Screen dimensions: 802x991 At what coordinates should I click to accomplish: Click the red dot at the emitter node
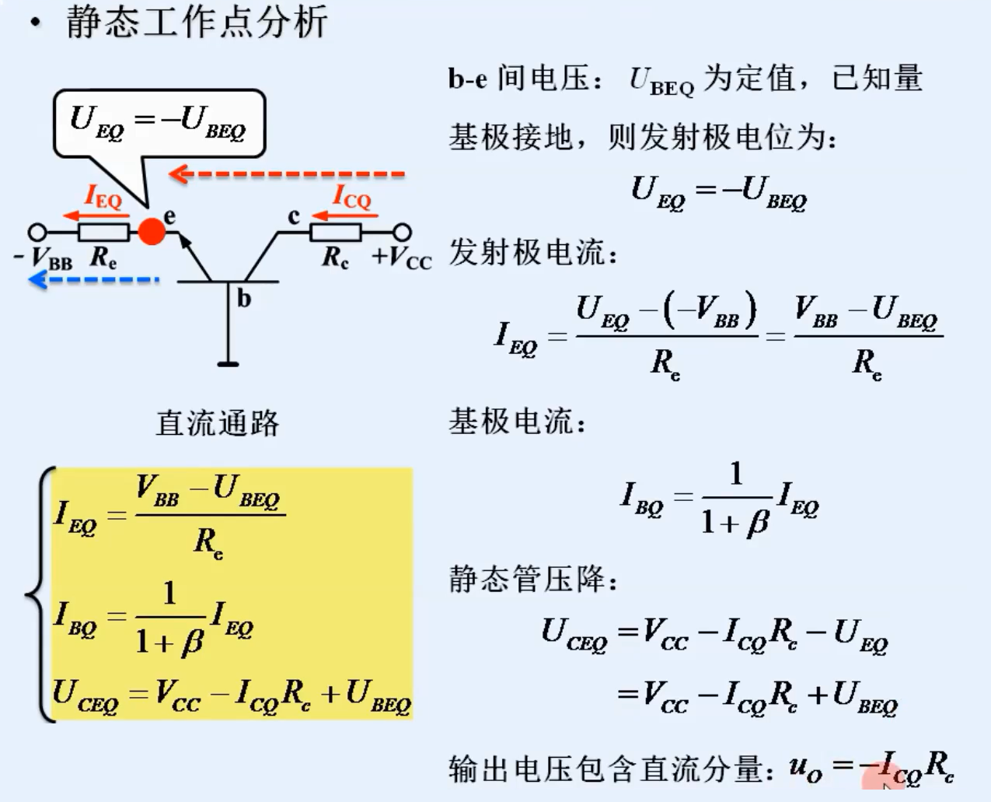point(152,231)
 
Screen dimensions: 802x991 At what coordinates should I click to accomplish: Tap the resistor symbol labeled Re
point(103,232)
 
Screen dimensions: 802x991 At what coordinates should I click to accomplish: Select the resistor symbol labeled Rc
point(335,232)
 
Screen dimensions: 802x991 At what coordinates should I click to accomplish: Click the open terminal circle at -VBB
point(37,232)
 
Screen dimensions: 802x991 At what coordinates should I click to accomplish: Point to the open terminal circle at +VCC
point(401,232)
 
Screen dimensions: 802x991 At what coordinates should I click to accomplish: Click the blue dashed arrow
point(93,279)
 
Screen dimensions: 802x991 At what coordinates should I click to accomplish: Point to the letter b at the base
point(243,298)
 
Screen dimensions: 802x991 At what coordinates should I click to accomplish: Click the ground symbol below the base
point(228,362)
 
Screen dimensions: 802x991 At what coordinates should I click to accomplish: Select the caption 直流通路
point(217,423)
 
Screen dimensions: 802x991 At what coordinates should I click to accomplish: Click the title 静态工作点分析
point(196,22)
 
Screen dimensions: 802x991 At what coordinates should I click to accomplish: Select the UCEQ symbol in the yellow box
point(85,695)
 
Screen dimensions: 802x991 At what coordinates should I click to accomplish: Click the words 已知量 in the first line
point(877,78)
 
